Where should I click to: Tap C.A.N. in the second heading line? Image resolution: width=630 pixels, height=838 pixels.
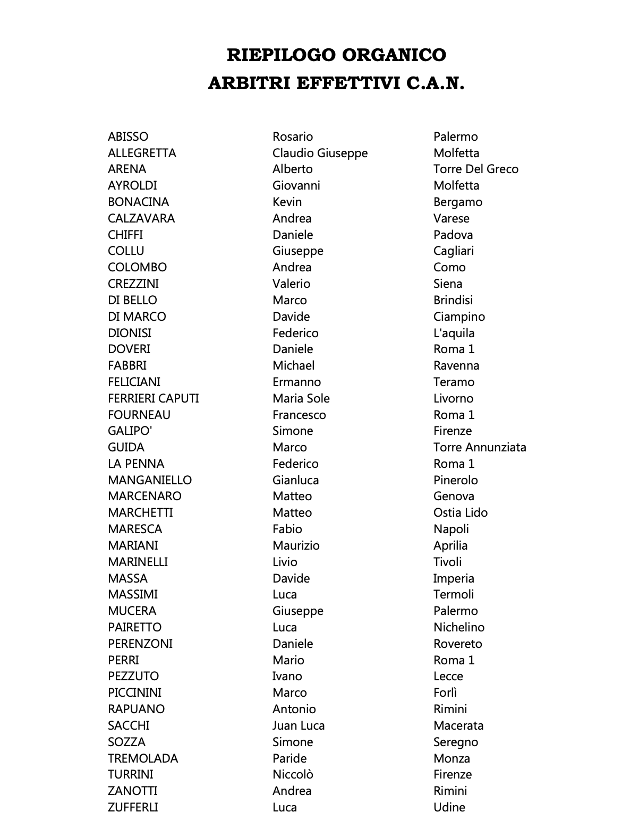436,83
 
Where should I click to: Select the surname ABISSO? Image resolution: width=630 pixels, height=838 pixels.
128,136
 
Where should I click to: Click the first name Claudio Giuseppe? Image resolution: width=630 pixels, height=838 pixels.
320,153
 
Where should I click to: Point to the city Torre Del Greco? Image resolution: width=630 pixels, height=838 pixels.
475,169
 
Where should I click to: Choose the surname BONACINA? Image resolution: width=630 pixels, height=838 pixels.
138,202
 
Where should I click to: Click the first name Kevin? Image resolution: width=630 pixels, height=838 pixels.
287,202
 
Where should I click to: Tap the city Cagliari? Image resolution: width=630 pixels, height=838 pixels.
453,251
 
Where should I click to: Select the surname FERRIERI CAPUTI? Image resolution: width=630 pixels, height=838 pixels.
153,398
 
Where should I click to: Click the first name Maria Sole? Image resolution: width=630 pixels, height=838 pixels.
301,398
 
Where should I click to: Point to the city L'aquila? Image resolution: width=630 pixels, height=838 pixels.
454,333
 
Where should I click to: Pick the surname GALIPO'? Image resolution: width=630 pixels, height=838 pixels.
130,431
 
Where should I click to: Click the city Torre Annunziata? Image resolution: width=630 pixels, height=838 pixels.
479,447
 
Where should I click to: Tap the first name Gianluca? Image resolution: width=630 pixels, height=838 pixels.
295,480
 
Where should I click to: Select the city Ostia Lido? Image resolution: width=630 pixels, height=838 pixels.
460,512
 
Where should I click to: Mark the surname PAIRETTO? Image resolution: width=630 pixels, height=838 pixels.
134,627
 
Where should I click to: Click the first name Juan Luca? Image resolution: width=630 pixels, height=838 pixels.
298,725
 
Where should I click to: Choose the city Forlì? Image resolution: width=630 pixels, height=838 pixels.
445,692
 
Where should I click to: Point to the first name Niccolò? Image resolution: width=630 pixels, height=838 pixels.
293,774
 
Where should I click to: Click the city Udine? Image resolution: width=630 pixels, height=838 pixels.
449,807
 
